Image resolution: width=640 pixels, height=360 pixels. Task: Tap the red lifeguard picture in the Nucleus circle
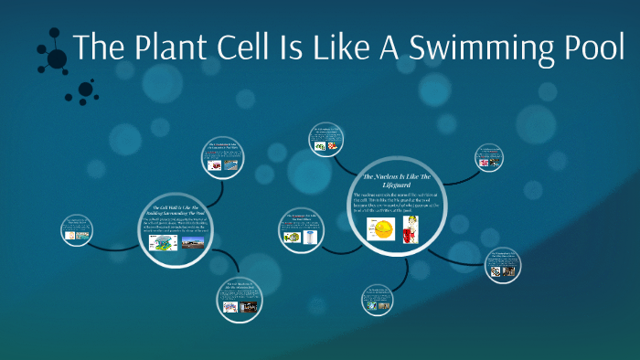pyautogui.click(x=413, y=229)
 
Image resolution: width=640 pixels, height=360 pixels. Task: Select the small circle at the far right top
pyautogui.click(x=490, y=156)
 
